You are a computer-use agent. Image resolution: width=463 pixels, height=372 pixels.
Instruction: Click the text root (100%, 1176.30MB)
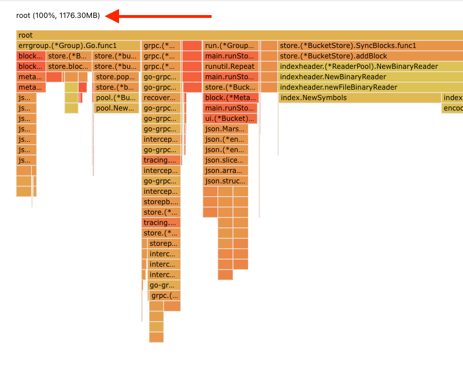58,16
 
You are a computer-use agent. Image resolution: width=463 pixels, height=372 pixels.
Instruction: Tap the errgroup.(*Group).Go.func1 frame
79,46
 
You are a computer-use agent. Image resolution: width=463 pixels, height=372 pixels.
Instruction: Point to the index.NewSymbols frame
359,98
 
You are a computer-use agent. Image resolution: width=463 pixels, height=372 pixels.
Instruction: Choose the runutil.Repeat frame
230,67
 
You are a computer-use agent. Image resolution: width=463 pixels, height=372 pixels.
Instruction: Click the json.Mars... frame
225,129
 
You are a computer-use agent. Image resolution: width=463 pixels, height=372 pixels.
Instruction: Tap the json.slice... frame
225,160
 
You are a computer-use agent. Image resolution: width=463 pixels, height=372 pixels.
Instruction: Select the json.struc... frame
225,181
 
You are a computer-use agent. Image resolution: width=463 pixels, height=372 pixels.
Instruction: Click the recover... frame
161,98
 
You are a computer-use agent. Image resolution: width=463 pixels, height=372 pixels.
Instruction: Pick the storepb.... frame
161,202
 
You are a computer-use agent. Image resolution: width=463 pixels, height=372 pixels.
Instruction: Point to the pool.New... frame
116,108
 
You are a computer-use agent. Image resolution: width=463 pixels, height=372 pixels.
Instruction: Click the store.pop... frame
116,77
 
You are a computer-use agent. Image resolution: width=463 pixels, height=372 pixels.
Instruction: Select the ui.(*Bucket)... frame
230,119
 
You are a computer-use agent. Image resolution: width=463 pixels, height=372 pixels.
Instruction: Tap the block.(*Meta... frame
230,98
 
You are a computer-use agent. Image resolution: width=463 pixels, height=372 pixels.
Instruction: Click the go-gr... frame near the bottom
165,285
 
